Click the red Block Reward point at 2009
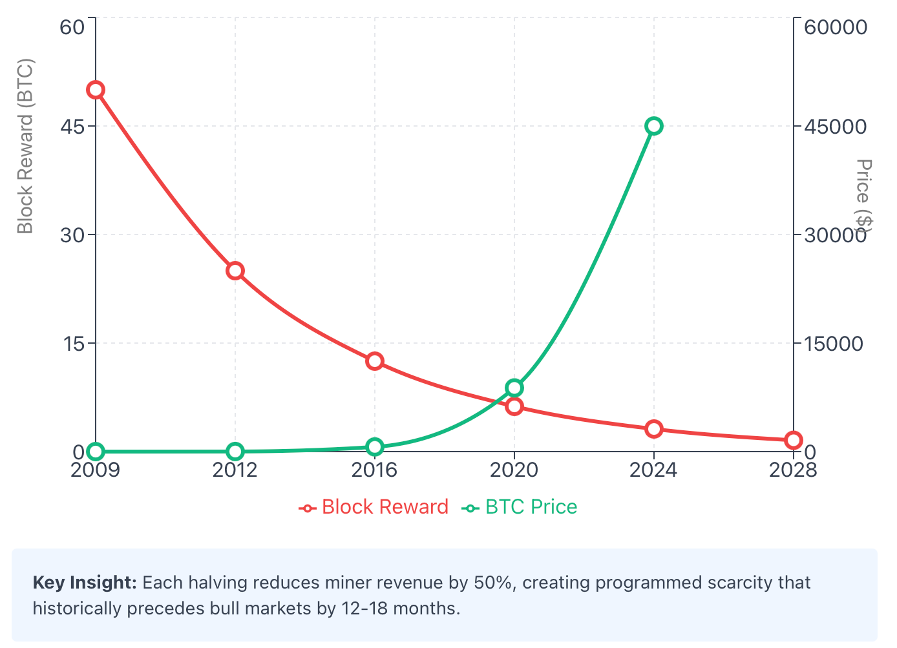click(x=96, y=90)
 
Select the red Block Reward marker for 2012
click(x=235, y=271)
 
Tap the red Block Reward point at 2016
click(x=375, y=361)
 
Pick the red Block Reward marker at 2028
click(x=794, y=441)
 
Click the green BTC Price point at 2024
click(x=654, y=126)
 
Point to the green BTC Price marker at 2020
click(x=514, y=388)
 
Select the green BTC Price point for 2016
click(x=375, y=446)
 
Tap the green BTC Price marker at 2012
click(x=235, y=451)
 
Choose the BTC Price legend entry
click(x=520, y=507)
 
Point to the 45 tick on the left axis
click(x=72, y=127)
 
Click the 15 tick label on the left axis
click(x=72, y=344)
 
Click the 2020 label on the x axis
click(x=514, y=470)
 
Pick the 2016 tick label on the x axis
click(x=375, y=470)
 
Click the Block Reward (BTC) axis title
click(x=25, y=147)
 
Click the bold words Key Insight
click(x=85, y=583)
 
